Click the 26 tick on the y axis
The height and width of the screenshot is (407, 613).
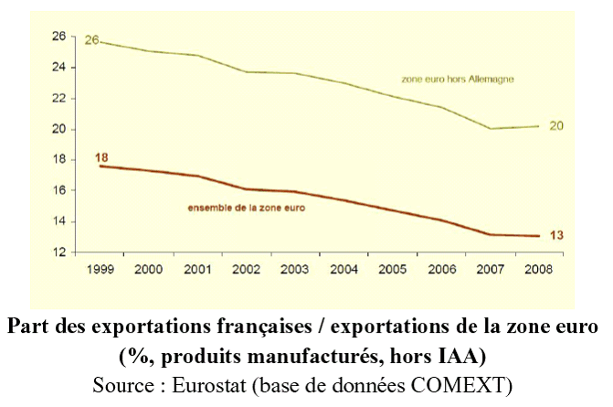click(x=58, y=37)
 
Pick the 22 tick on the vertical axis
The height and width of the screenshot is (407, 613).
click(x=58, y=99)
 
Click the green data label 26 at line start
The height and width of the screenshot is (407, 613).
click(x=91, y=40)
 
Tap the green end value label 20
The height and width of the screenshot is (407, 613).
click(x=555, y=125)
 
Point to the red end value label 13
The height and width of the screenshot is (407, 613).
click(x=555, y=235)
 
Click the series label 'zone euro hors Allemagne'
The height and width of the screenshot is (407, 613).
click(x=459, y=80)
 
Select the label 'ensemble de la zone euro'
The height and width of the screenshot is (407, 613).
click(x=247, y=209)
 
